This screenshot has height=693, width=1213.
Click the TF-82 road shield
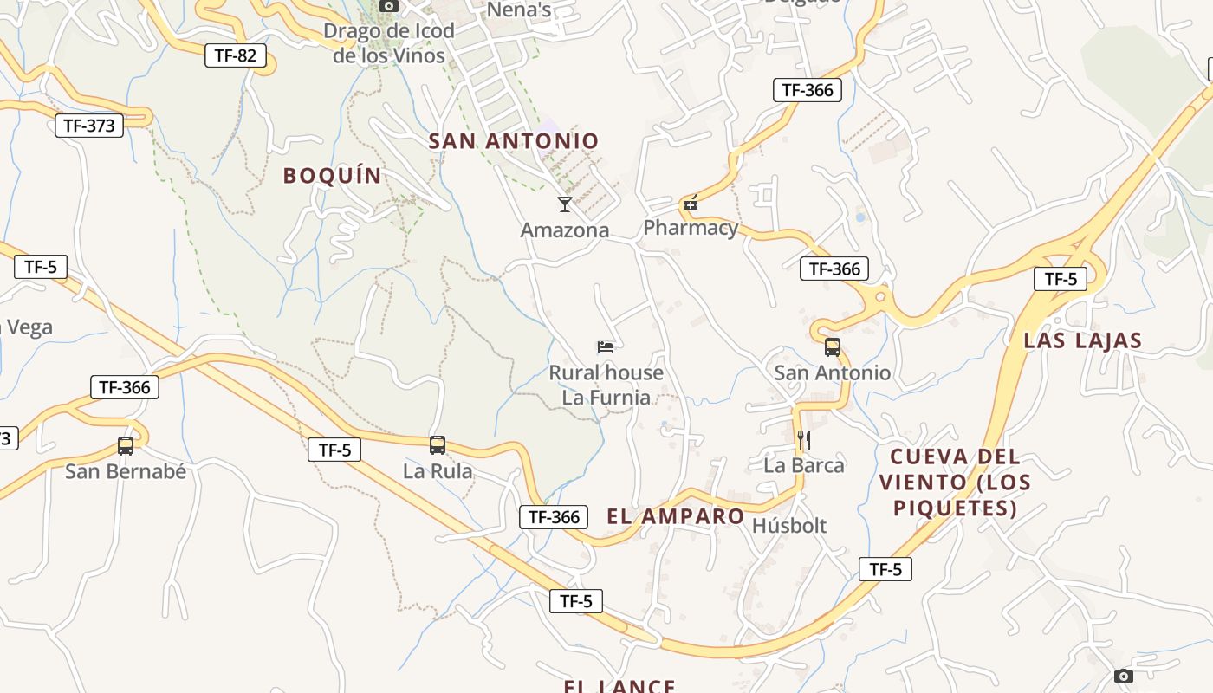pos(236,56)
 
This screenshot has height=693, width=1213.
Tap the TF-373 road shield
pos(88,125)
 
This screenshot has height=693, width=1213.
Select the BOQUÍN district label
pos(333,176)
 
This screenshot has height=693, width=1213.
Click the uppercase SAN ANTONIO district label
pos(514,141)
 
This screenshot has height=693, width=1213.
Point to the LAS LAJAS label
pos(1083,340)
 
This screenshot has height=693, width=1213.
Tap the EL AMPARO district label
pos(676,517)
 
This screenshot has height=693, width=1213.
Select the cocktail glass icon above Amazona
pos(565,204)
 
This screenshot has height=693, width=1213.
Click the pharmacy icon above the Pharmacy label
pos(691,204)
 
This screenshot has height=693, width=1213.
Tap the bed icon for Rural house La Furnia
pos(606,347)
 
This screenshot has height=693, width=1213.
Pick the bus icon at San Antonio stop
pos(833,347)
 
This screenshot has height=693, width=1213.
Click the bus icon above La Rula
pos(438,445)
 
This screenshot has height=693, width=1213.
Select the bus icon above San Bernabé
pos(126,446)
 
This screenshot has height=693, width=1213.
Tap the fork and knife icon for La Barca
pos(804,440)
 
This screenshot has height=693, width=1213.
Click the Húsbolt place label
pos(789,526)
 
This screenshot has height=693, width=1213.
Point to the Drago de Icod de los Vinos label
pos(389,43)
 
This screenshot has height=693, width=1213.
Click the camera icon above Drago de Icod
pos(389,6)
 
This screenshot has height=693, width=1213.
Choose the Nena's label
pos(519,10)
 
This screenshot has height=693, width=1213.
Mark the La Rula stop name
pos(438,471)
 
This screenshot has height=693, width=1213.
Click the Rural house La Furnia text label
pos(606,385)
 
